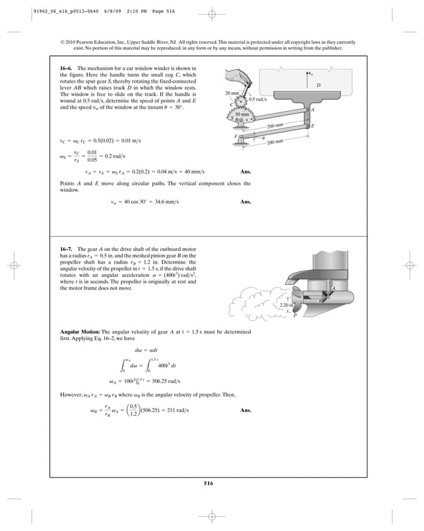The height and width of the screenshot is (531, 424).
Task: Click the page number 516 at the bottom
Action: pos(211,483)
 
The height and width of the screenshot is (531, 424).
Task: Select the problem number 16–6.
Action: pos(68,69)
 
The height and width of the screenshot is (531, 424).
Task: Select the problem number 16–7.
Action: pos(68,248)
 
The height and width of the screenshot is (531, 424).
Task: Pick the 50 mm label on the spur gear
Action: pos(243,114)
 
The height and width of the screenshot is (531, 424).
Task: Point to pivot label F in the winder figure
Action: pos(236,136)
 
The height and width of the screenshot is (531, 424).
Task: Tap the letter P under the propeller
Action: pos(294,315)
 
